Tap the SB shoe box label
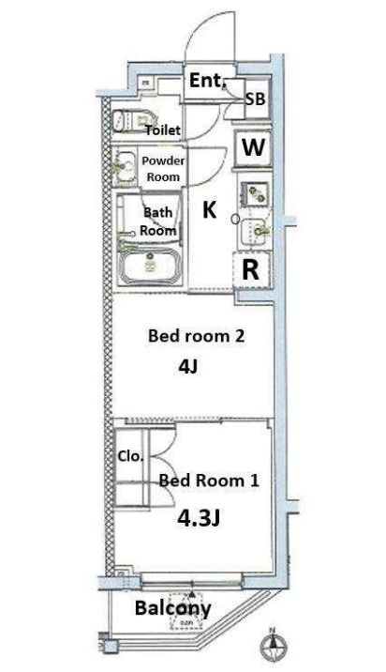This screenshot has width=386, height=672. click(255, 98)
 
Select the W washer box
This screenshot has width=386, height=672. click(253, 146)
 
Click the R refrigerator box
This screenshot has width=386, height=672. click(251, 269)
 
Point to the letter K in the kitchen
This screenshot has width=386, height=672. click(210, 211)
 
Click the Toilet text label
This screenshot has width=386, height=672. click(162, 130)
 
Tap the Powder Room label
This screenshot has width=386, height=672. click(163, 168)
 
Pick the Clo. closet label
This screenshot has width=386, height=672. click(130, 457)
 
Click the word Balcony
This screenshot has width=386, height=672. click(173, 607)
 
